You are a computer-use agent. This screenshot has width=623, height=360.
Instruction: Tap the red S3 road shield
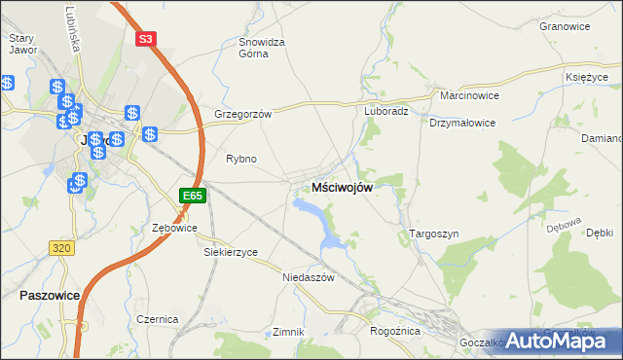tap(145, 39)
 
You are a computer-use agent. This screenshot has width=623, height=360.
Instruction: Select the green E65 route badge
tap(193, 196)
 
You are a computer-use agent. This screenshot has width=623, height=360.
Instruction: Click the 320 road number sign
tap(61, 248)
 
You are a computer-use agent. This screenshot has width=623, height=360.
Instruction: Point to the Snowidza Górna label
tap(262, 48)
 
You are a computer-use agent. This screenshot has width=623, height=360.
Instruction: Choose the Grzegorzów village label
tap(242, 113)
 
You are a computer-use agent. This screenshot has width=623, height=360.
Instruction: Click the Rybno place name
tap(240, 159)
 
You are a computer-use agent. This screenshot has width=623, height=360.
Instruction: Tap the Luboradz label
tap(386, 111)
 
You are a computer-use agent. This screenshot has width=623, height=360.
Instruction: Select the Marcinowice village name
tap(470, 97)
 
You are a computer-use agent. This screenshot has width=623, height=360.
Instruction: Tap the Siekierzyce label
tap(231, 252)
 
